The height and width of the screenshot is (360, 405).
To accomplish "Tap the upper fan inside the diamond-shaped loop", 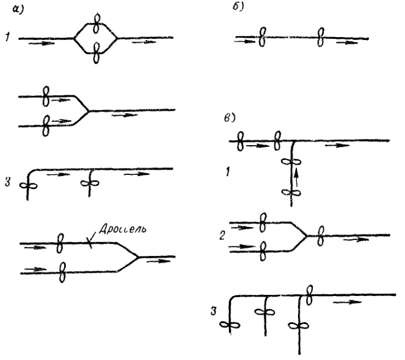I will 97,23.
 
